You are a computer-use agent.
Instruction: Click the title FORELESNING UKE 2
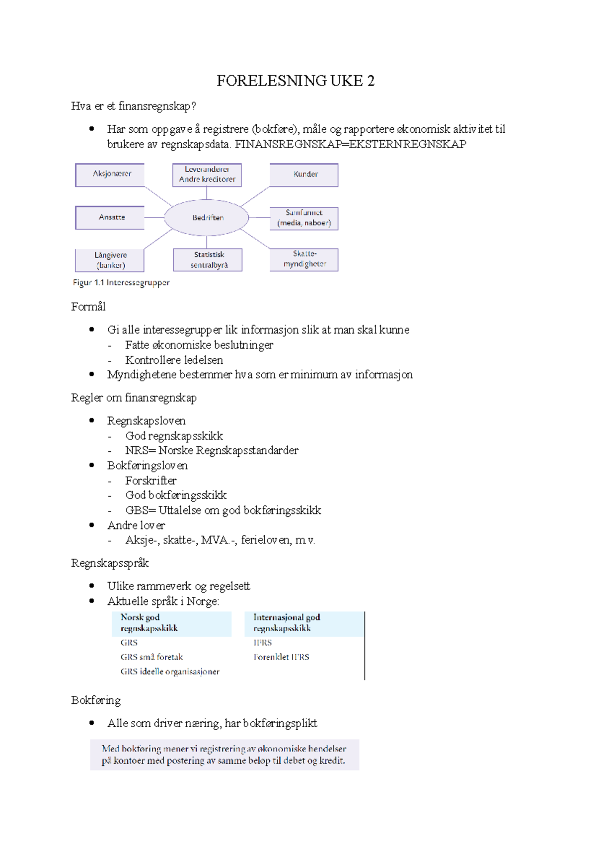click(x=296, y=81)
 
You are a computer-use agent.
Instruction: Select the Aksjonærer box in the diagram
click(x=110, y=174)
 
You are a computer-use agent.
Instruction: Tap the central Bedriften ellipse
click(x=207, y=218)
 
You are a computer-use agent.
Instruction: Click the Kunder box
click(x=304, y=174)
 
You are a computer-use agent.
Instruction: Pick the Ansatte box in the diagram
click(x=110, y=217)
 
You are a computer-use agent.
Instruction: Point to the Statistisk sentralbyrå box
click(x=208, y=260)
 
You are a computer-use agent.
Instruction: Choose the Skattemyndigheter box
click(x=304, y=259)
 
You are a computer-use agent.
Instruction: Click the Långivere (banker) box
click(x=110, y=260)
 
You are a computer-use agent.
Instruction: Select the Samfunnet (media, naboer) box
click(x=304, y=218)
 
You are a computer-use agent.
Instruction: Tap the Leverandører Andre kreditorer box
click(x=207, y=174)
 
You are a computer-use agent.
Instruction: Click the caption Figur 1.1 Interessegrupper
click(x=121, y=283)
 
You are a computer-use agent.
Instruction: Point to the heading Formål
click(x=88, y=307)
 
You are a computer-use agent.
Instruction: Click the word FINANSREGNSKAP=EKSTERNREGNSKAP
click(x=350, y=145)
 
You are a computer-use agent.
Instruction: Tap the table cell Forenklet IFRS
click(x=281, y=657)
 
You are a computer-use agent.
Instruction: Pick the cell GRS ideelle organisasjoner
click(x=170, y=672)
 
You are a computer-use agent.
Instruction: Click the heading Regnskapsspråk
click(x=110, y=563)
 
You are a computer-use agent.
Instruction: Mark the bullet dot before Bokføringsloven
click(x=91, y=465)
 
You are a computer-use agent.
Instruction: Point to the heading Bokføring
click(x=96, y=700)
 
